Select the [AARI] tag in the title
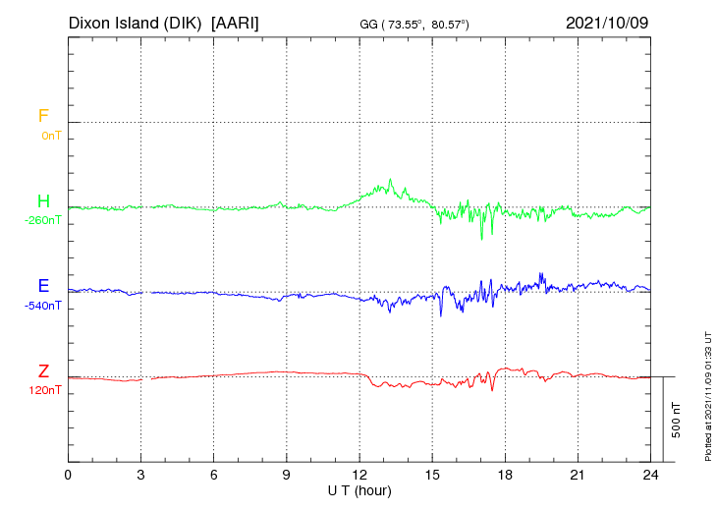(x=236, y=23)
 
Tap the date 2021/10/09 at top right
(x=607, y=23)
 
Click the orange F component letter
(x=43, y=117)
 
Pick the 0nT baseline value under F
(x=51, y=135)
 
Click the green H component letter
(x=43, y=201)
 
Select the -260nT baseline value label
(x=43, y=220)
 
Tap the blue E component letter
(x=43, y=287)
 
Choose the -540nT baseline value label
(x=43, y=306)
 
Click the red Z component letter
(x=43, y=371)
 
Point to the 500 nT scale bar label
(x=677, y=420)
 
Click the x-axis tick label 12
(x=359, y=475)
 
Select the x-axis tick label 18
(x=505, y=475)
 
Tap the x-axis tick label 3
(x=140, y=475)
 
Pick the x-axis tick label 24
(x=650, y=475)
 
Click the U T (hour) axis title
(x=359, y=489)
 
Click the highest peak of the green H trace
(x=391, y=180)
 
